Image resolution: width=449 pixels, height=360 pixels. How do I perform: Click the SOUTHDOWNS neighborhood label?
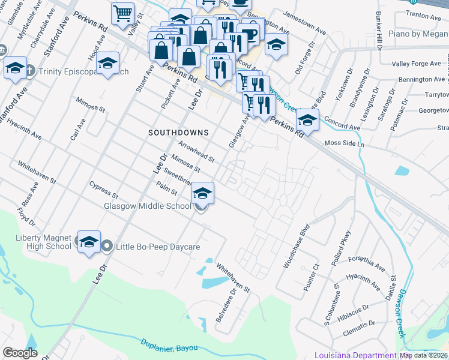coord(179,132)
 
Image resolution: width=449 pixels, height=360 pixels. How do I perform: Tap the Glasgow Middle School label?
coord(148,206)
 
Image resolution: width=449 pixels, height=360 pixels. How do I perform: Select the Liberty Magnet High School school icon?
coord(89,241)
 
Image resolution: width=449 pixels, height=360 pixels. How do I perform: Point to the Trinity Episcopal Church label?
coord(84,71)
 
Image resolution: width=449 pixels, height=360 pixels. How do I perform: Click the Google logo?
coord(20,353)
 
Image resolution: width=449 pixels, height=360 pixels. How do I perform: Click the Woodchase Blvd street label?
coord(304,239)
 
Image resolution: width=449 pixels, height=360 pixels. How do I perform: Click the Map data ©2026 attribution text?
coord(424,355)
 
